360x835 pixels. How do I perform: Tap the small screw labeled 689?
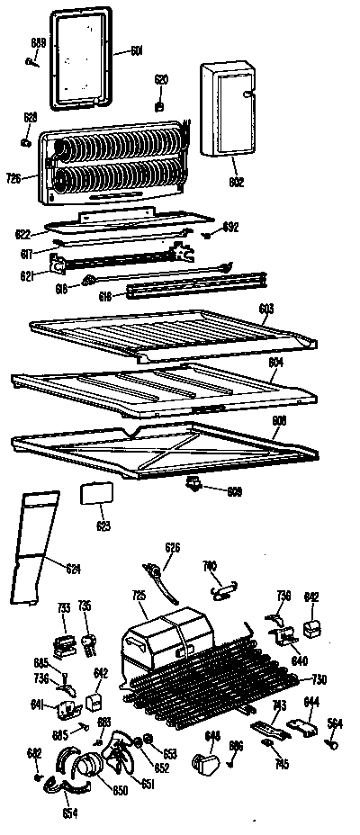(33, 60)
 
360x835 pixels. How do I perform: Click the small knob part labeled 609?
(193, 486)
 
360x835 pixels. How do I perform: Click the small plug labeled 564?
(331, 741)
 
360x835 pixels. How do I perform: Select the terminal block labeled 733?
(64, 644)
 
